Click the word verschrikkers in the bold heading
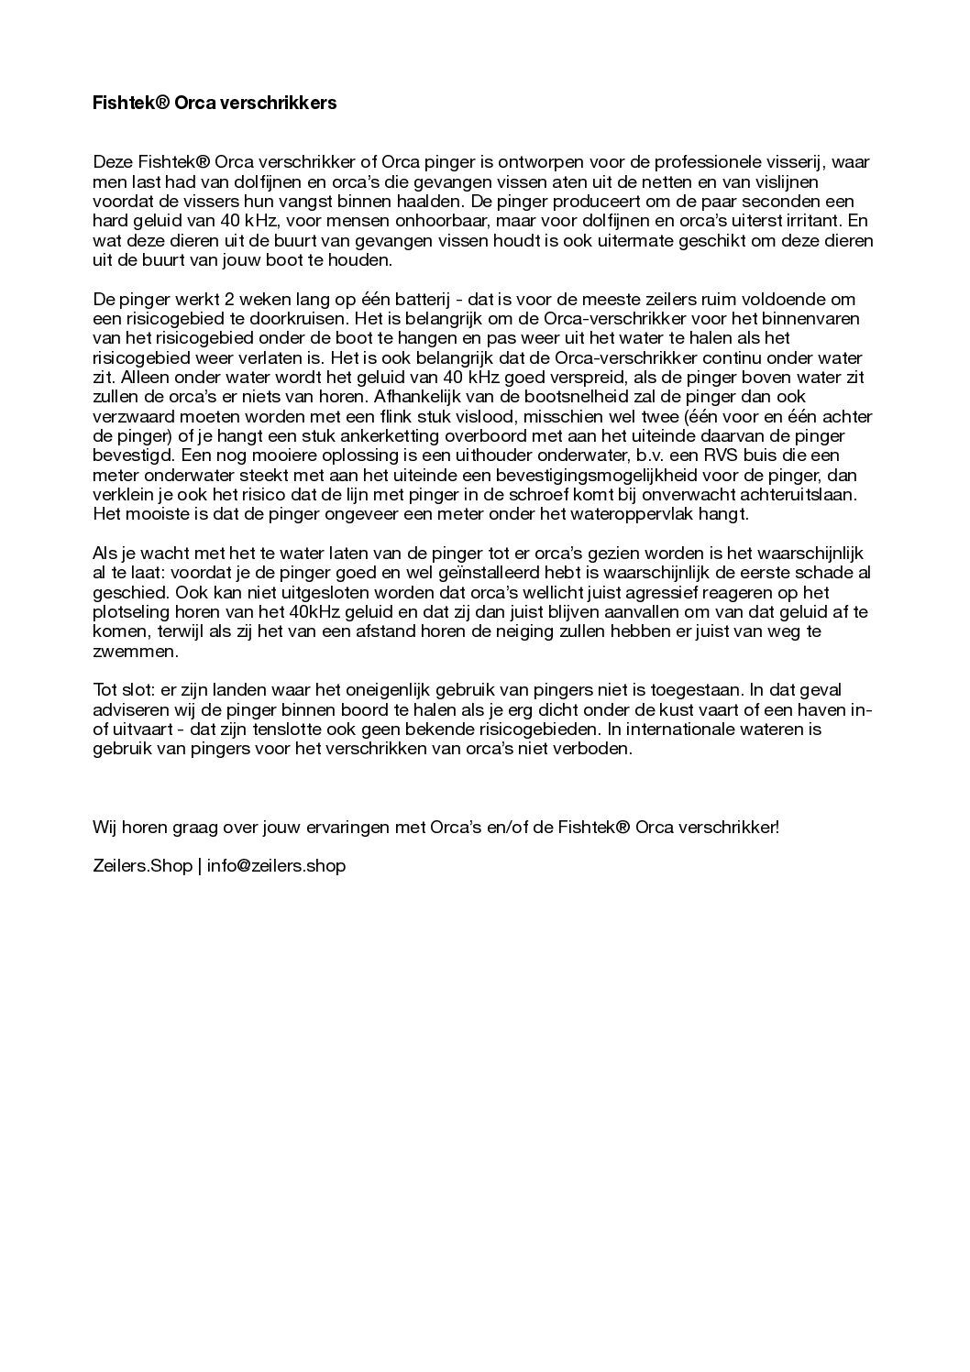[x=283, y=103]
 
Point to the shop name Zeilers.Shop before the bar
[x=142, y=865]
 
